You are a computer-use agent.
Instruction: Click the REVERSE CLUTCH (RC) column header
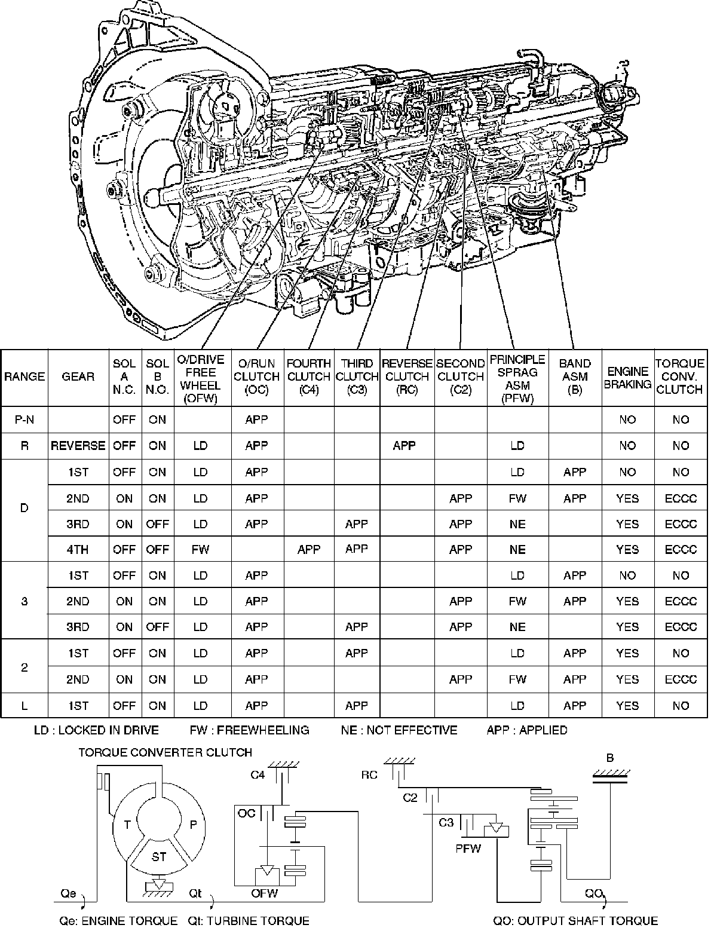[x=407, y=376]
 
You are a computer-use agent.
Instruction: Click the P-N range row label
[x=24, y=419]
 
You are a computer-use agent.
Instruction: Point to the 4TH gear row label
[x=78, y=550]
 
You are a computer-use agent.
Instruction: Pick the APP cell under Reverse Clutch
[x=405, y=446]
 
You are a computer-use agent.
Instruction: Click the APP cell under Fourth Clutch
[x=309, y=550]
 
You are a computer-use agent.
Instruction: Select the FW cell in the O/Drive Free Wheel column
[x=200, y=550]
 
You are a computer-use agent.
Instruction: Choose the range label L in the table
[x=24, y=706]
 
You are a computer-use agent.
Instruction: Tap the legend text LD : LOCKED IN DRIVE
[x=96, y=730]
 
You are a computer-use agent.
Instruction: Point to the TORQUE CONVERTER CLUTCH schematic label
[x=166, y=752]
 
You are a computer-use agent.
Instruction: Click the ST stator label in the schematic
[x=159, y=857]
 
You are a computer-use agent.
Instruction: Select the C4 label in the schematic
[x=258, y=776]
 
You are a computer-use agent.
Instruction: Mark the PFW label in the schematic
[x=468, y=848]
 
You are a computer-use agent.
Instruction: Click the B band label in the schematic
[x=610, y=759]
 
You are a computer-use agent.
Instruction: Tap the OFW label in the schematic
[x=265, y=894]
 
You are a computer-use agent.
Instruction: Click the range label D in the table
[x=24, y=509]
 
